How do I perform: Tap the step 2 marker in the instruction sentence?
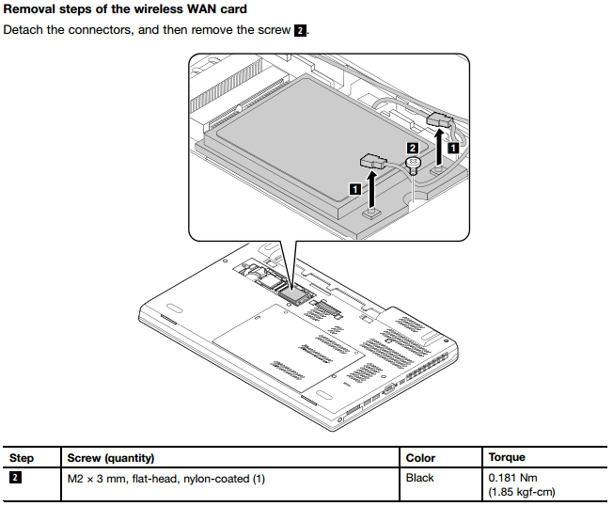tap(300, 30)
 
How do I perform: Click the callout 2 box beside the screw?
tap(412, 148)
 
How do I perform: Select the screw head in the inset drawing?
tap(412, 164)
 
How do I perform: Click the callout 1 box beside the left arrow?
tap(355, 188)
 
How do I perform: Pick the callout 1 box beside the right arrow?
tap(453, 148)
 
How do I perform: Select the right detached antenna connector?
tap(440, 119)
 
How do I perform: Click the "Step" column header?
tap(22, 458)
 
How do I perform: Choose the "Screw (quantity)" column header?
tap(111, 458)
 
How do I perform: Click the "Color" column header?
tap(420, 458)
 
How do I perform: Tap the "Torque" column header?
tap(507, 458)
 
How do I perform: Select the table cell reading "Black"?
tap(419, 478)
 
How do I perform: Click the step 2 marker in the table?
tap(15, 478)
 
